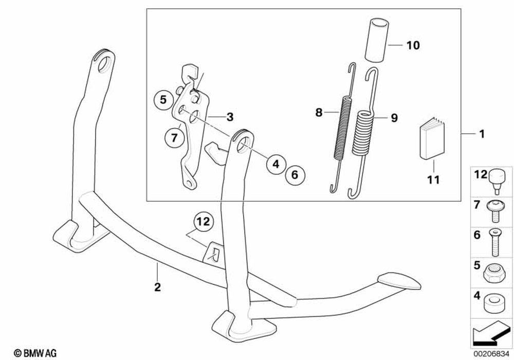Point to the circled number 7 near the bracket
pyautogui.click(x=174, y=138)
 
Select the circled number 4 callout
pyautogui.click(x=276, y=164)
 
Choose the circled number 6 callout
pyautogui.click(x=295, y=175)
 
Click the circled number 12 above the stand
pyautogui.click(x=203, y=222)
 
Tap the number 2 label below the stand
pyautogui.click(x=158, y=286)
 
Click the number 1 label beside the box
pyautogui.click(x=482, y=135)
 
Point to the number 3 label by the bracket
pyautogui.click(x=230, y=117)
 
